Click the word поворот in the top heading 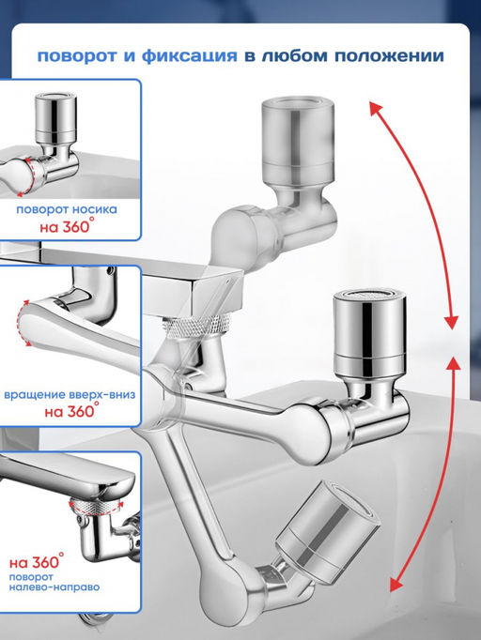point(77,56)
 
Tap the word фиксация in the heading point(189,56)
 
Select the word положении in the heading point(389,56)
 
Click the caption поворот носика point(67,209)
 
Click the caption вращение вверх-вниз point(70,395)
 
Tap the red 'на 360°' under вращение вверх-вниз point(72,410)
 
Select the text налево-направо point(54,587)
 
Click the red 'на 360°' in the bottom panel point(37,561)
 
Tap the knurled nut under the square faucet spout point(196,327)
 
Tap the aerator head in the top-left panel point(55,114)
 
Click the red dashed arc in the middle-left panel point(22,323)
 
